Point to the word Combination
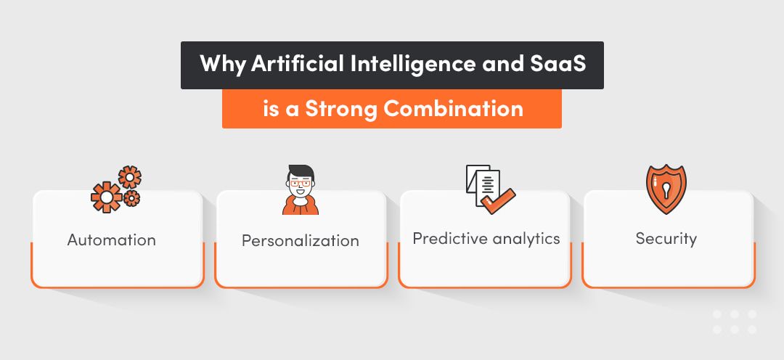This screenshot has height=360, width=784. click(453, 109)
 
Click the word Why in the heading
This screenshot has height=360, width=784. click(223, 65)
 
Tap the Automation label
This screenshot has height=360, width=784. click(112, 240)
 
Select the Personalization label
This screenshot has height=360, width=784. click(300, 240)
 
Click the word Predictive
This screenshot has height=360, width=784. click(448, 238)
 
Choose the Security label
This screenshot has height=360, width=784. click(666, 238)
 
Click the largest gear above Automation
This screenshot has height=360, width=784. click(106, 197)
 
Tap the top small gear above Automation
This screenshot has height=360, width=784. click(129, 176)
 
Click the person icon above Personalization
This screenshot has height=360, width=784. click(300, 190)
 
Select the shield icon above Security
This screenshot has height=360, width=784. click(666, 189)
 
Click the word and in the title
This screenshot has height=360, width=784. click(499, 65)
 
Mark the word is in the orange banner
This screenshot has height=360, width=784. click(270, 109)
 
